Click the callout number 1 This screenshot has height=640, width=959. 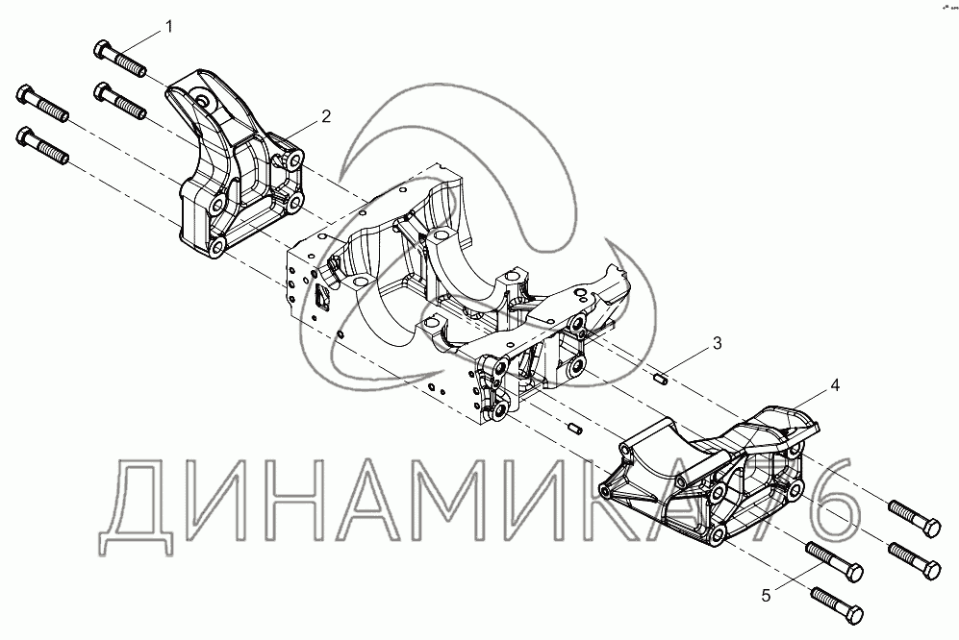point(170,27)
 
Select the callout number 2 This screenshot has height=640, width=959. point(326,116)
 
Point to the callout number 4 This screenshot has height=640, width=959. point(835,385)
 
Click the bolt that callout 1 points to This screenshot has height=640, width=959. point(119,59)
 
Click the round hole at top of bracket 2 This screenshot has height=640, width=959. point(202,96)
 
